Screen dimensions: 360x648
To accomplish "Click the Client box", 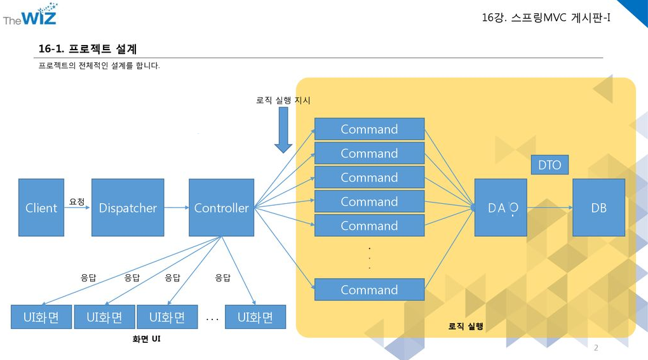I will pyautogui.click(x=41, y=208).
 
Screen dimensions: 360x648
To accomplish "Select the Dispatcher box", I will pyautogui.click(x=128, y=208).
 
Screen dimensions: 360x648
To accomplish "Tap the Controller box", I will pyautogui.click(x=221, y=208).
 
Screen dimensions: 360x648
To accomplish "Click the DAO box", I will pyautogui.click(x=501, y=208).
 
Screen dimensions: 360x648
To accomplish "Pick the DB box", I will pyautogui.click(x=598, y=208).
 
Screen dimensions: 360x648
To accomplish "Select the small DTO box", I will pyautogui.click(x=550, y=165).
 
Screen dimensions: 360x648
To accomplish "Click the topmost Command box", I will pyautogui.click(x=369, y=129).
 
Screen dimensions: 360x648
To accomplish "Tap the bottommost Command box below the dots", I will pyautogui.click(x=369, y=290).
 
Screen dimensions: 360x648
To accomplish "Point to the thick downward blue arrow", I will pyautogui.click(x=283, y=130).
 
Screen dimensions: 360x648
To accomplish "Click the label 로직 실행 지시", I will pyautogui.click(x=283, y=100).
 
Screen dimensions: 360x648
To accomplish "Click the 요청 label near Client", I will pyautogui.click(x=77, y=201).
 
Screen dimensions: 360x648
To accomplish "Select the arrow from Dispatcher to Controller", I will pyautogui.click(x=176, y=208).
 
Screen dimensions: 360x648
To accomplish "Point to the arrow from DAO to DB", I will pyautogui.click(x=550, y=208).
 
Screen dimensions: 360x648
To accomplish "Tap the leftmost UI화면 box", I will pyautogui.click(x=41, y=317).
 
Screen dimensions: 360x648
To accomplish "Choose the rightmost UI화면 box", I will pyautogui.click(x=255, y=317).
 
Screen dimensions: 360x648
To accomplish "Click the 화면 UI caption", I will pyautogui.click(x=146, y=339).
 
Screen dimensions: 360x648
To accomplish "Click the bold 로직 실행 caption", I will pyautogui.click(x=466, y=326).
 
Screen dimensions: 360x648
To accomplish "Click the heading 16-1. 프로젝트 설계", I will pyautogui.click(x=88, y=49).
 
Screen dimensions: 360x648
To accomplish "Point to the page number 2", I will pyautogui.click(x=595, y=347).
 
